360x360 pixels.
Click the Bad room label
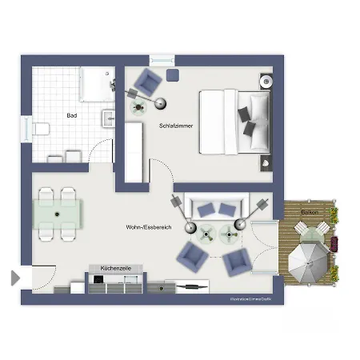pyautogui.click(x=72, y=115)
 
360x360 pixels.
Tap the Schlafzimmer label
pyautogui.click(x=175, y=126)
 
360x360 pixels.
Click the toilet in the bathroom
pyautogui.click(x=41, y=129)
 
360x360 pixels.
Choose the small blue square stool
pyautogui.click(x=174, y=74)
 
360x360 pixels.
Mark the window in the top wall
pyautogui.click(x=161, y=59)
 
